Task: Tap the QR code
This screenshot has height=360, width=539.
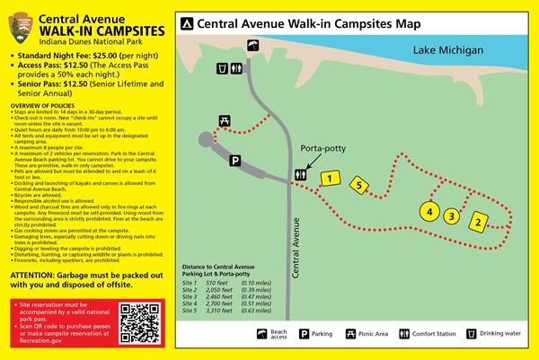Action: point(138,324)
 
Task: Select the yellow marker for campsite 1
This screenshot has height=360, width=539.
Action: point(330,179)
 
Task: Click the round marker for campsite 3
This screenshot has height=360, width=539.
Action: point(453,215)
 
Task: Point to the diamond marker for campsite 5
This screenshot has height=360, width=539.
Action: point(359,186)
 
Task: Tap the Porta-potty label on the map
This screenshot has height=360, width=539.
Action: point(324,149)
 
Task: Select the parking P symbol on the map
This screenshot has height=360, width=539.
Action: point(235,161)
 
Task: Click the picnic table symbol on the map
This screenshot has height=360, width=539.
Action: point(214,121)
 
